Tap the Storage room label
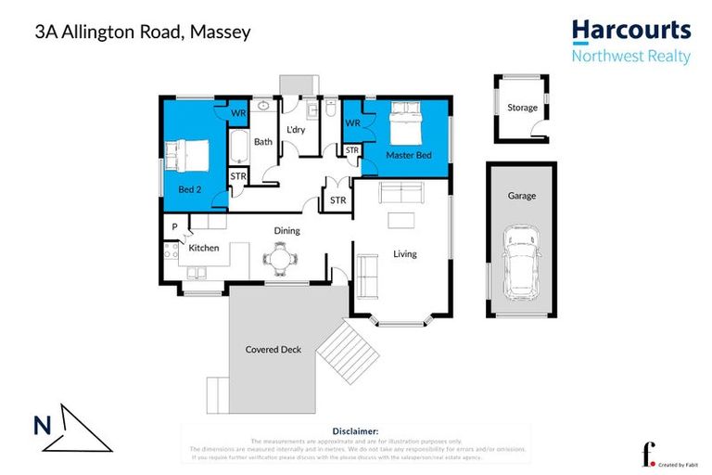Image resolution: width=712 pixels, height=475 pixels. (522, 108)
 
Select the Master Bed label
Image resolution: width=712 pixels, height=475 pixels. (409, 155)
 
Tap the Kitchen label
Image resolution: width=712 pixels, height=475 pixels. (204, 248)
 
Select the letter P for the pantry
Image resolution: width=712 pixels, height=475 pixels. (174, 226)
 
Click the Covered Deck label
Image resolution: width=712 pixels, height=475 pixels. (273, 350)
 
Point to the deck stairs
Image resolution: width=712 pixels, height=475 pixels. (348, 351)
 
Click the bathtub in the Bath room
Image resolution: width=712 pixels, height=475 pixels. (236, 147)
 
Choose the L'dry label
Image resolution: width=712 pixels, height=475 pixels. (296, 129)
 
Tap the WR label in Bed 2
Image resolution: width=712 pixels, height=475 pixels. (237, 113)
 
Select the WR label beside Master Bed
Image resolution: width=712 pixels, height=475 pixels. (352, 122)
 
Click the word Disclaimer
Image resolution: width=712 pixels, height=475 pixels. (355, 431)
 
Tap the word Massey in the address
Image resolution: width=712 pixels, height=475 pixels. (220, 32)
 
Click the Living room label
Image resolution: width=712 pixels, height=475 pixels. (405, 253)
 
